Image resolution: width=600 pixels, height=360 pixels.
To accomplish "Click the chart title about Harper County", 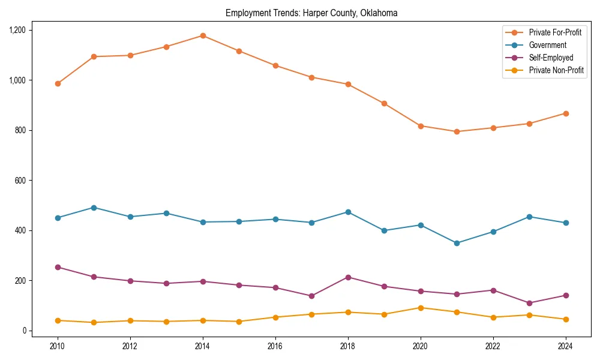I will coord(311,13).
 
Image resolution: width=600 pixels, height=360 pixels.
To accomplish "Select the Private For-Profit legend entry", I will coord(555,32).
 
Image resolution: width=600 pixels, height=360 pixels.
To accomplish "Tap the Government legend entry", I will coord(547,45).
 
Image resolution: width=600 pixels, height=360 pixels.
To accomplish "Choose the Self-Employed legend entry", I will coord(551,58).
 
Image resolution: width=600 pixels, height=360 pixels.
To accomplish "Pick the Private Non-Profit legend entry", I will coord(556,70).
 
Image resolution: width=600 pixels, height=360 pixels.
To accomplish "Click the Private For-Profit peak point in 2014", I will coord(203,35).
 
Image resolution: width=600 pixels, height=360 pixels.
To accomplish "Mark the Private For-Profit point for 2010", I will coord(58,83).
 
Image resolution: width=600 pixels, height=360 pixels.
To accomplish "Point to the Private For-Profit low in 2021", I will coord(457,131).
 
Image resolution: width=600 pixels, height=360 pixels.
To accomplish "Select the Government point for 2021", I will coord(457,243).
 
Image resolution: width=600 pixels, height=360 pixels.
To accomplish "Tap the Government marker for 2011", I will coord(94,208).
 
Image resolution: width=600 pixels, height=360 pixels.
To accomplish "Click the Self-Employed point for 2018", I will coord(348,277).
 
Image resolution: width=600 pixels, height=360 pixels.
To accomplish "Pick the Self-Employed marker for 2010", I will coord(58,267).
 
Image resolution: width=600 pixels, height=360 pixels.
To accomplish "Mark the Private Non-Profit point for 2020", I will coord(421,308).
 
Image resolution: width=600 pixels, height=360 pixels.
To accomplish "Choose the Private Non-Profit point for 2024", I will coord(566,319).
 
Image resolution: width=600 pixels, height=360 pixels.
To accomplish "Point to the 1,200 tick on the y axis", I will coord(16,30).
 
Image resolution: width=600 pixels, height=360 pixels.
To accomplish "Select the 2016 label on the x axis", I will coord(275,346).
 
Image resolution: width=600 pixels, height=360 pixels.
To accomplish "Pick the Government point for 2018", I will coord(348,212).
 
